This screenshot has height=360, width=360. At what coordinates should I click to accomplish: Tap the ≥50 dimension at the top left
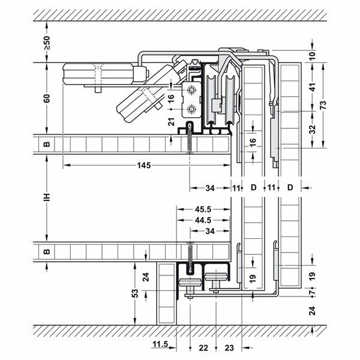[x=46, y=44]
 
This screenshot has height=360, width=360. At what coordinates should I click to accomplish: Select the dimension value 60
[x=46, y=98]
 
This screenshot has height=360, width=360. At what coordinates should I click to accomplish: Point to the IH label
[x=46, y=198]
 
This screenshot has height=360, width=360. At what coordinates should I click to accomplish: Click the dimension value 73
[x=324, y=105]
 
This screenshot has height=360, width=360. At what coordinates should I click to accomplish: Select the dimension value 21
[x=172, y=122]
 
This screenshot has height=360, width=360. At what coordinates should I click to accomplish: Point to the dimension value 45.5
[x=202, y=209]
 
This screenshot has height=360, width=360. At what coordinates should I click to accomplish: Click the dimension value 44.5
[x=202, y=220]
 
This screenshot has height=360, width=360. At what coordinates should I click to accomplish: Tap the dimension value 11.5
[x=160, y=345]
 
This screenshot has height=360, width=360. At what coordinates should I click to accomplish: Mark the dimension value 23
[x=229, y=346]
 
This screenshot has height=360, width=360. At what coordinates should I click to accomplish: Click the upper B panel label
[x=46, y=144]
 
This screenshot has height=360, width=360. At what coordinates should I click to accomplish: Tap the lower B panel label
[x=46, y=250]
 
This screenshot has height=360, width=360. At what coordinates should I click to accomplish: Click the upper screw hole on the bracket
[x=191, y=91]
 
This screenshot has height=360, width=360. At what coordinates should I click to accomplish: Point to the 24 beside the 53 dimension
[x=146, y=277]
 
